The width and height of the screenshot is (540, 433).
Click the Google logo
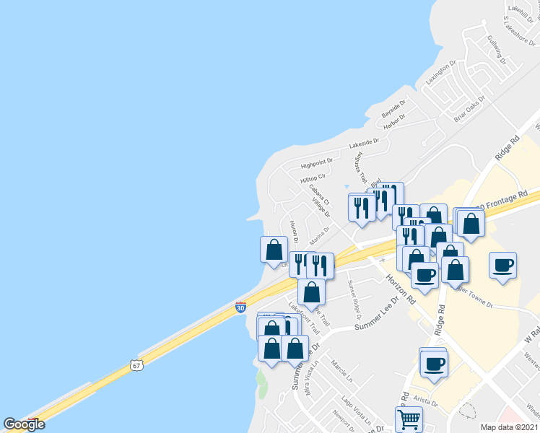(24, 424)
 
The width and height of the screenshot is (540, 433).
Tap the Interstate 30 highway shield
(240, 307)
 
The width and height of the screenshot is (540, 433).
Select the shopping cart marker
(408, 419)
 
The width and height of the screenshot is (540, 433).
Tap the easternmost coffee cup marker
(502, 265)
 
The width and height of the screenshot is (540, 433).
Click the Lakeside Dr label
(364, 144)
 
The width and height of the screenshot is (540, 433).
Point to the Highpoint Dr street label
(316, 163)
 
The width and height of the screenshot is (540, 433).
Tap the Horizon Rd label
(401, 288)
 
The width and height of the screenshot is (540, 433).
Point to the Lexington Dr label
(440, 74)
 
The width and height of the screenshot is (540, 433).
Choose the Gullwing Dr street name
(497, 49)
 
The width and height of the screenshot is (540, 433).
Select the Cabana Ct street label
(318, 194)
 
